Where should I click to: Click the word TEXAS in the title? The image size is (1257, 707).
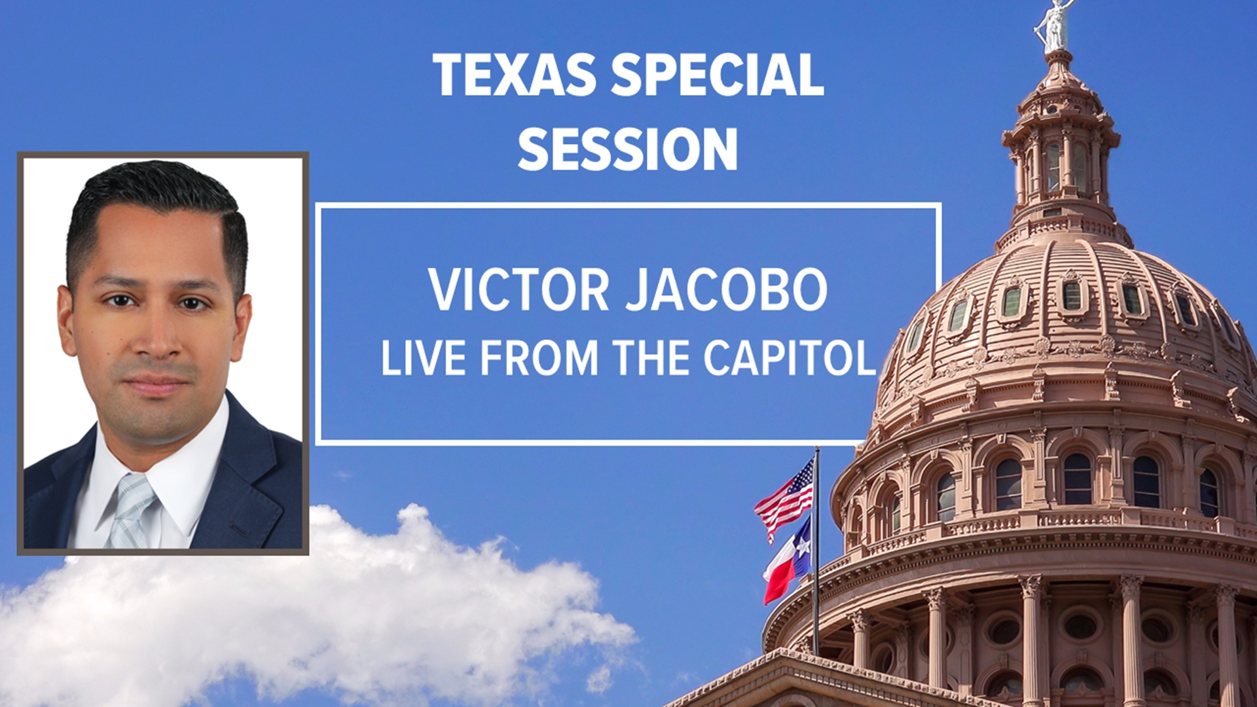tap(514, 75)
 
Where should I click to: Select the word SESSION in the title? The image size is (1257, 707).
tap(627, 150)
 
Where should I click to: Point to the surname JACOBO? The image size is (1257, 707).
tap(727, 289)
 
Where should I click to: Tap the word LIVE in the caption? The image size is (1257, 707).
tap(422, 359)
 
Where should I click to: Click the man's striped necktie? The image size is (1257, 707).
tap(131, 511)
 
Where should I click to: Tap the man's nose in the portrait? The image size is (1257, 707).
tap(156, 340)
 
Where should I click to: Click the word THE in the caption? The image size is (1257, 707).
tap(649, 359)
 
